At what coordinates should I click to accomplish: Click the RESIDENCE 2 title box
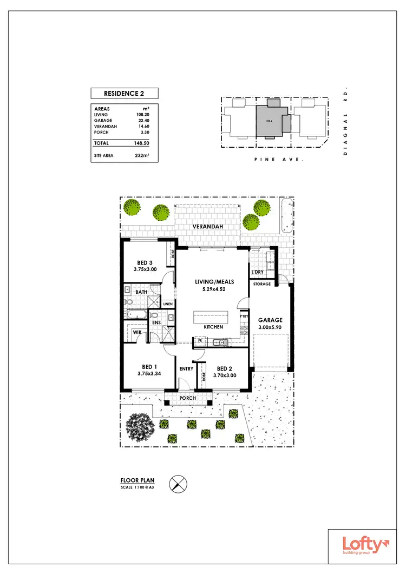pyautogui.click(x=123, y=93)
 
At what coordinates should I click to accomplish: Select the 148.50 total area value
pyautogui.click(x=141, y=143)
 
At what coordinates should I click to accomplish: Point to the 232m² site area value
pyautogui.click(x=142, y=155)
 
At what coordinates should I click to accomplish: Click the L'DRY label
pyautogui.click(x=258, y=272)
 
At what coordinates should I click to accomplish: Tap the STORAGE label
pyautogui.click(x=262, y=284)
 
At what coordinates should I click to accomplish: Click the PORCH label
pyautogui.click(x=188, y=398)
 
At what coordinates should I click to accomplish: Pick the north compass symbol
pyautogui.click(x=177, y=483)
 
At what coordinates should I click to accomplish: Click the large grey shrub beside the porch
pyautogui.click(x=140, y=426)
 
